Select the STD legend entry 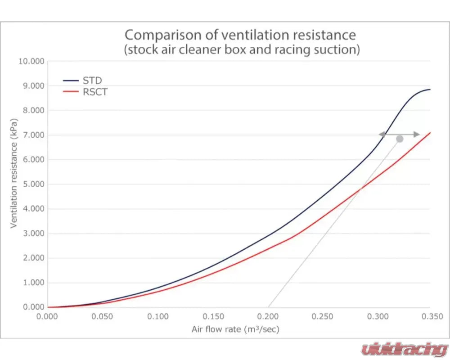(92, 81)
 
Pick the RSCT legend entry (95, 92)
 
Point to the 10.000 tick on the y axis (31, 61)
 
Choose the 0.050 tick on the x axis (103, 316)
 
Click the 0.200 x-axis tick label (268, 316)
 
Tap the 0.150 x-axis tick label (213, 316)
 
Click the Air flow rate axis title (235, 330)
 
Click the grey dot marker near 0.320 (400, 139)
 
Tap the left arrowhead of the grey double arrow (381, 134)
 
